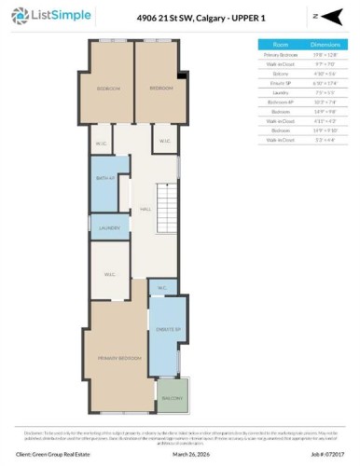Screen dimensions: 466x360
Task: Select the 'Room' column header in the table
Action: (x=280, y=43)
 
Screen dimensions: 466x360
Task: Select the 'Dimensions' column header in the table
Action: (x=324, y=43)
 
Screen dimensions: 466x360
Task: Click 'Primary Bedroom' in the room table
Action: (x=280, y=54)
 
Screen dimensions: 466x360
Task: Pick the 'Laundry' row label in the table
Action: (x=280, y=92)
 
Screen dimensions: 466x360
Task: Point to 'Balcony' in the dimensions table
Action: (x=280, y=73)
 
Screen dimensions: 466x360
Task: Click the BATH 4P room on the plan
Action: (x=104, y=179)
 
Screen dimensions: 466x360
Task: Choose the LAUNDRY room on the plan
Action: (x=108, y=227)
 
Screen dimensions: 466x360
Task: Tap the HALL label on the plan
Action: (x=145, y=210)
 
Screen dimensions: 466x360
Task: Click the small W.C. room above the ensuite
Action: (x=162, y=289)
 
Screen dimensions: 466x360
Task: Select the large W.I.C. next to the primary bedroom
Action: (x=109, y=274)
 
